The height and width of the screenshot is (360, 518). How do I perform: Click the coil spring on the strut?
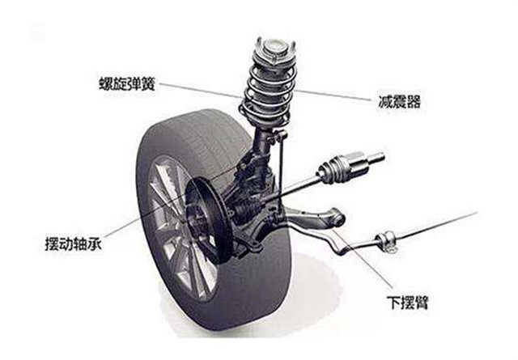tap(269, 89)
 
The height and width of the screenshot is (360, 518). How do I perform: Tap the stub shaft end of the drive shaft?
tap(374, 157)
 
